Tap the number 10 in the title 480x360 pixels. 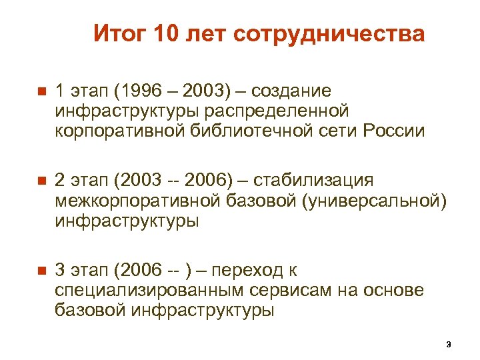tap(167, 34)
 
